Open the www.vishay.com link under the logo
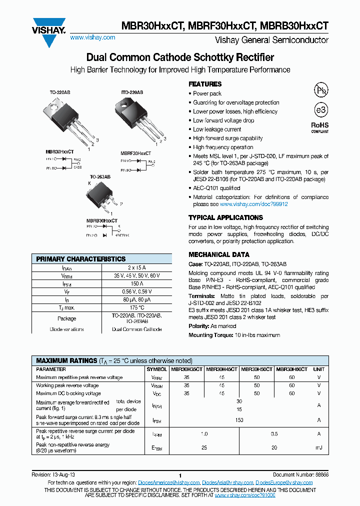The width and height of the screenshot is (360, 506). click(92, 37)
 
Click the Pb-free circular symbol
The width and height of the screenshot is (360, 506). click(320, 90)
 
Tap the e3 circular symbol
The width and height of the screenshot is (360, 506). click(320, 110)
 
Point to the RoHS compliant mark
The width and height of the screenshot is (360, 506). click(320, 127)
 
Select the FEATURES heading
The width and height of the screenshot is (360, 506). click(205, 84)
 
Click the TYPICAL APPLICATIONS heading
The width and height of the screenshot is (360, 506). click(225, 217)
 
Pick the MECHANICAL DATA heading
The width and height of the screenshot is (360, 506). click(219, 254)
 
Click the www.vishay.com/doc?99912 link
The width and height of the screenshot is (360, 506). click(254, 204)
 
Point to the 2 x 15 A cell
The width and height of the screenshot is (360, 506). click(136, 268)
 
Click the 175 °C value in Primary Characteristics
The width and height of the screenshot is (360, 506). click(136, 307)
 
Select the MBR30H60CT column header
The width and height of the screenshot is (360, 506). click(291, 369)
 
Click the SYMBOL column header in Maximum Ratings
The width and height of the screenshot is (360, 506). click(156, 369)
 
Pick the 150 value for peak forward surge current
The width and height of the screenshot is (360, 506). click(239, 420)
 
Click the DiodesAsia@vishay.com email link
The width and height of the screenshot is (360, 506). click(227, 482)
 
